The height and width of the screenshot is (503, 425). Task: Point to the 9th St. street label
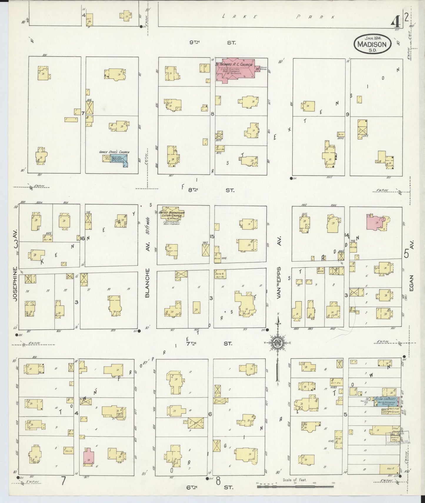coord(212,42)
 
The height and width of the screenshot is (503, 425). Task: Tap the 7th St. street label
coord(210,343)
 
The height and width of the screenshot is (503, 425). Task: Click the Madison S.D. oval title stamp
coord(373,44)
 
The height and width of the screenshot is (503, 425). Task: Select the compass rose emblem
coord(277,343)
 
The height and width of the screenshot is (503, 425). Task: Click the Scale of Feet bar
coord(296,487)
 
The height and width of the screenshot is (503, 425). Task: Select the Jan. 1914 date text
coord(373,38)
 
